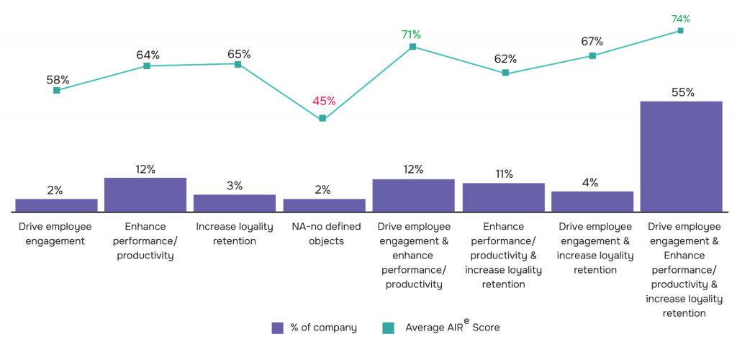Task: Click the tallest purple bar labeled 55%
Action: click(x=681, y=156)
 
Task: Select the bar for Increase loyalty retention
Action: click(x=235, y=203)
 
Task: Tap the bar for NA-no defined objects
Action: click(x=324, y=205)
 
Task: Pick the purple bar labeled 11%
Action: click(x=503, y=197)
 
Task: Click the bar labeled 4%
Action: click(x=592, y=202)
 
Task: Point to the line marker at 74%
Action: click(x=680, y=31)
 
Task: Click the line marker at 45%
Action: click(x=322, y=118)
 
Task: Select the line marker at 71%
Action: click(x=412, y=47)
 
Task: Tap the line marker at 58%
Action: click(x=56, y=90)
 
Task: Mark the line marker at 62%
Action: click(x=505, y=73)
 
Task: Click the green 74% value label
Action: click(x=681, y=19)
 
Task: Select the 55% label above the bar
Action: click(x=682, y=92)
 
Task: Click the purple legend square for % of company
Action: click(x=278, y=328)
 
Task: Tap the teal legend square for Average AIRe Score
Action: click(x=388, y=328)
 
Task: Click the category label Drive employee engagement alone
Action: click(x=55, y=234)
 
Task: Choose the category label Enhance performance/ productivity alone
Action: click(x=145, y=241)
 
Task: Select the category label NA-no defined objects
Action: click(x=324, y=234)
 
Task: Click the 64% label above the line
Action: click(x=148, y=55)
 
